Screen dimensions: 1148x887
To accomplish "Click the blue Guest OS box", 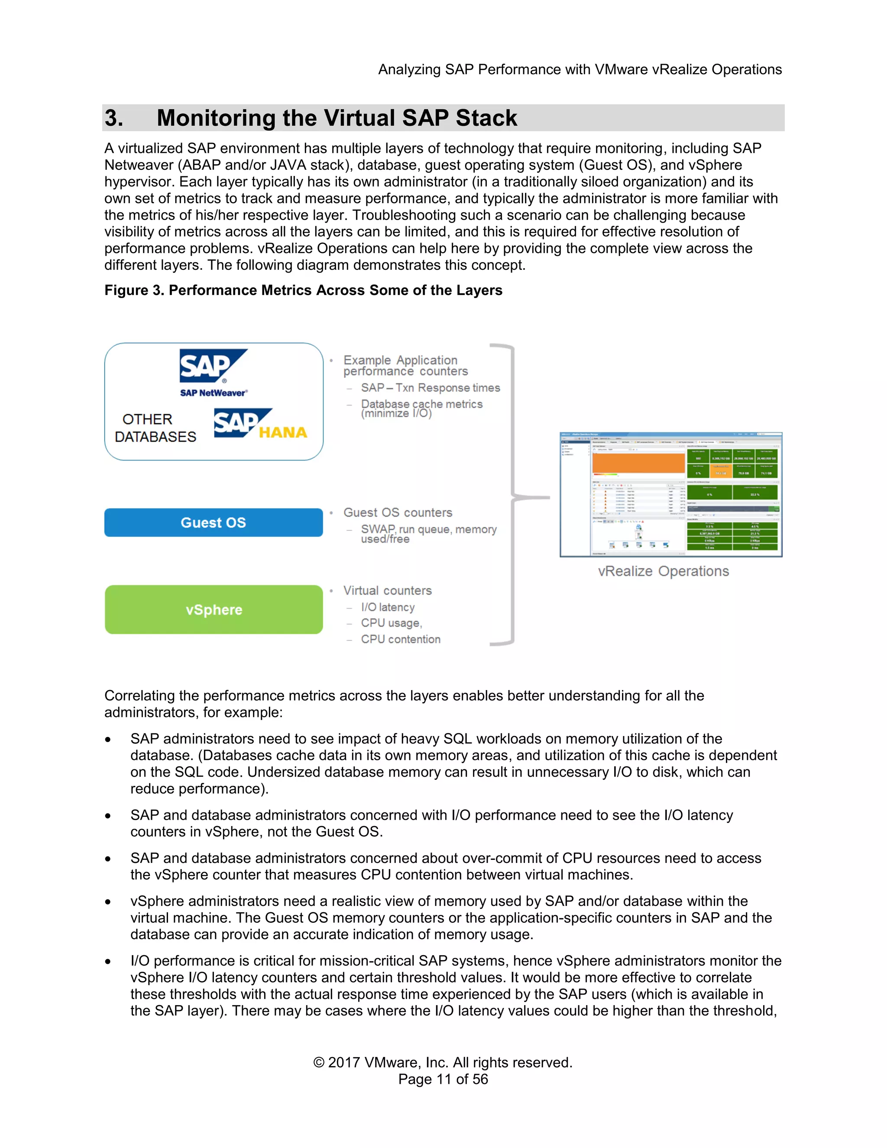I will [214, 522].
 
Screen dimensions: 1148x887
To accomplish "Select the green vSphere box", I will [214, 610].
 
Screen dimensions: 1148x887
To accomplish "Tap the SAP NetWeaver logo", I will [214, 372].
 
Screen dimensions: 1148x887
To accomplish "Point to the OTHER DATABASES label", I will [155, 428].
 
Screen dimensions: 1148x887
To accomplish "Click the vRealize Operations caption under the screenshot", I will [663, 571].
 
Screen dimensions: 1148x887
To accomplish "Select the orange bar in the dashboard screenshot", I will [638, 463].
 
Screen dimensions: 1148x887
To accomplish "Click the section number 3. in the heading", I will [114, 118].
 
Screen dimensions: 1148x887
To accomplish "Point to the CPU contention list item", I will [401, 639].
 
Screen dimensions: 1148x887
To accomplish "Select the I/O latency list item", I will [388, 607].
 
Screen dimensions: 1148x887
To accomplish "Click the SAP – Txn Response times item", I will [430, 388].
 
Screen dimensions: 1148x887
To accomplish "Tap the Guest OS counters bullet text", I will [398, 512].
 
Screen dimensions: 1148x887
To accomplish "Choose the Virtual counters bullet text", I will [388, 591].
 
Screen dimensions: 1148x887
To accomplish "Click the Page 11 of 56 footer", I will [443, 1079].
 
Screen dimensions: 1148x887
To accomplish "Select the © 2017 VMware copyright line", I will [443, 1062].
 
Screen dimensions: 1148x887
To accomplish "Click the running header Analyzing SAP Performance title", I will [579, 69].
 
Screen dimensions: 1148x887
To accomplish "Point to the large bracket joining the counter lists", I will [512, 494].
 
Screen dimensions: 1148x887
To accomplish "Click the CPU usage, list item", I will [392, 623].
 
